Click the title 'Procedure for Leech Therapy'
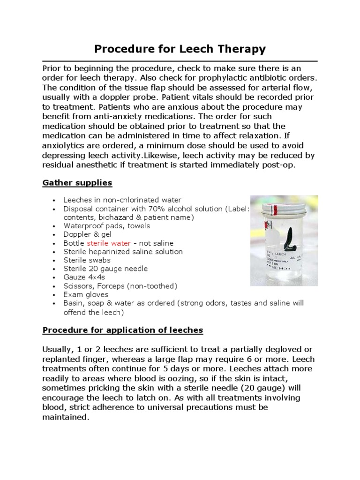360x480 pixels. (180, 49)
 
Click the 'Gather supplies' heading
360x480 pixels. (77, 182)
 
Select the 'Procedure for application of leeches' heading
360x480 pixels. (123, 330)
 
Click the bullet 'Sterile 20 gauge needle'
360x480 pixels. (105, 269)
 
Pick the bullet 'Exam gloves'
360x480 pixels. (86, 294)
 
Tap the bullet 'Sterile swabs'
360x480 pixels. (87, 260)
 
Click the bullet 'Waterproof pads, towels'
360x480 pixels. (107, 226)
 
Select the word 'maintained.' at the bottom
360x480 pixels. (65, 417)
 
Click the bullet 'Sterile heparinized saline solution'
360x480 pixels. (123, 252)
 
